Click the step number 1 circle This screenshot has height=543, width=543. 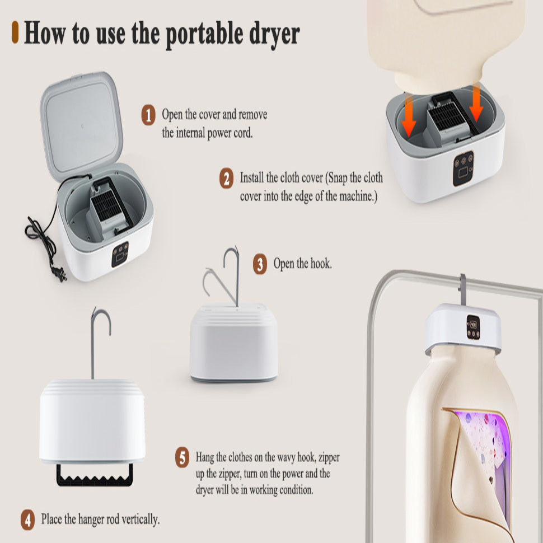click(x=148, y=115)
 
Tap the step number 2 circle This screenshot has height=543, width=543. click(x=226, y=179)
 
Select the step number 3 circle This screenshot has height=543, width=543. click(x=260, y=264)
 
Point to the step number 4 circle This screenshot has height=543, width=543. click(x=27, y=519)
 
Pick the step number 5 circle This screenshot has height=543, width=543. click(x=182, y=457)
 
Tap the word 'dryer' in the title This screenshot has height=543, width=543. click(x=275, y=35)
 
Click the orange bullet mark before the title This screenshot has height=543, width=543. click(x=15, y=32)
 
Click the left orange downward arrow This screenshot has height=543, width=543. click(x=409, y=116)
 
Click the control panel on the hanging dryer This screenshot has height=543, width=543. click(x=473, y=327)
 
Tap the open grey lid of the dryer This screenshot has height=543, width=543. click(x=82, y=125)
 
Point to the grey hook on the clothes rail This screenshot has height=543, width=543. click(x=462, y=290)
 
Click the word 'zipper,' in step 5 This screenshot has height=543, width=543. click(x=329, y=458)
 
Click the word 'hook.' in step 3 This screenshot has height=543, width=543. click(x=321, y=264)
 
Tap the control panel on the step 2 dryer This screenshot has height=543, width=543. click(x=464, y=168)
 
